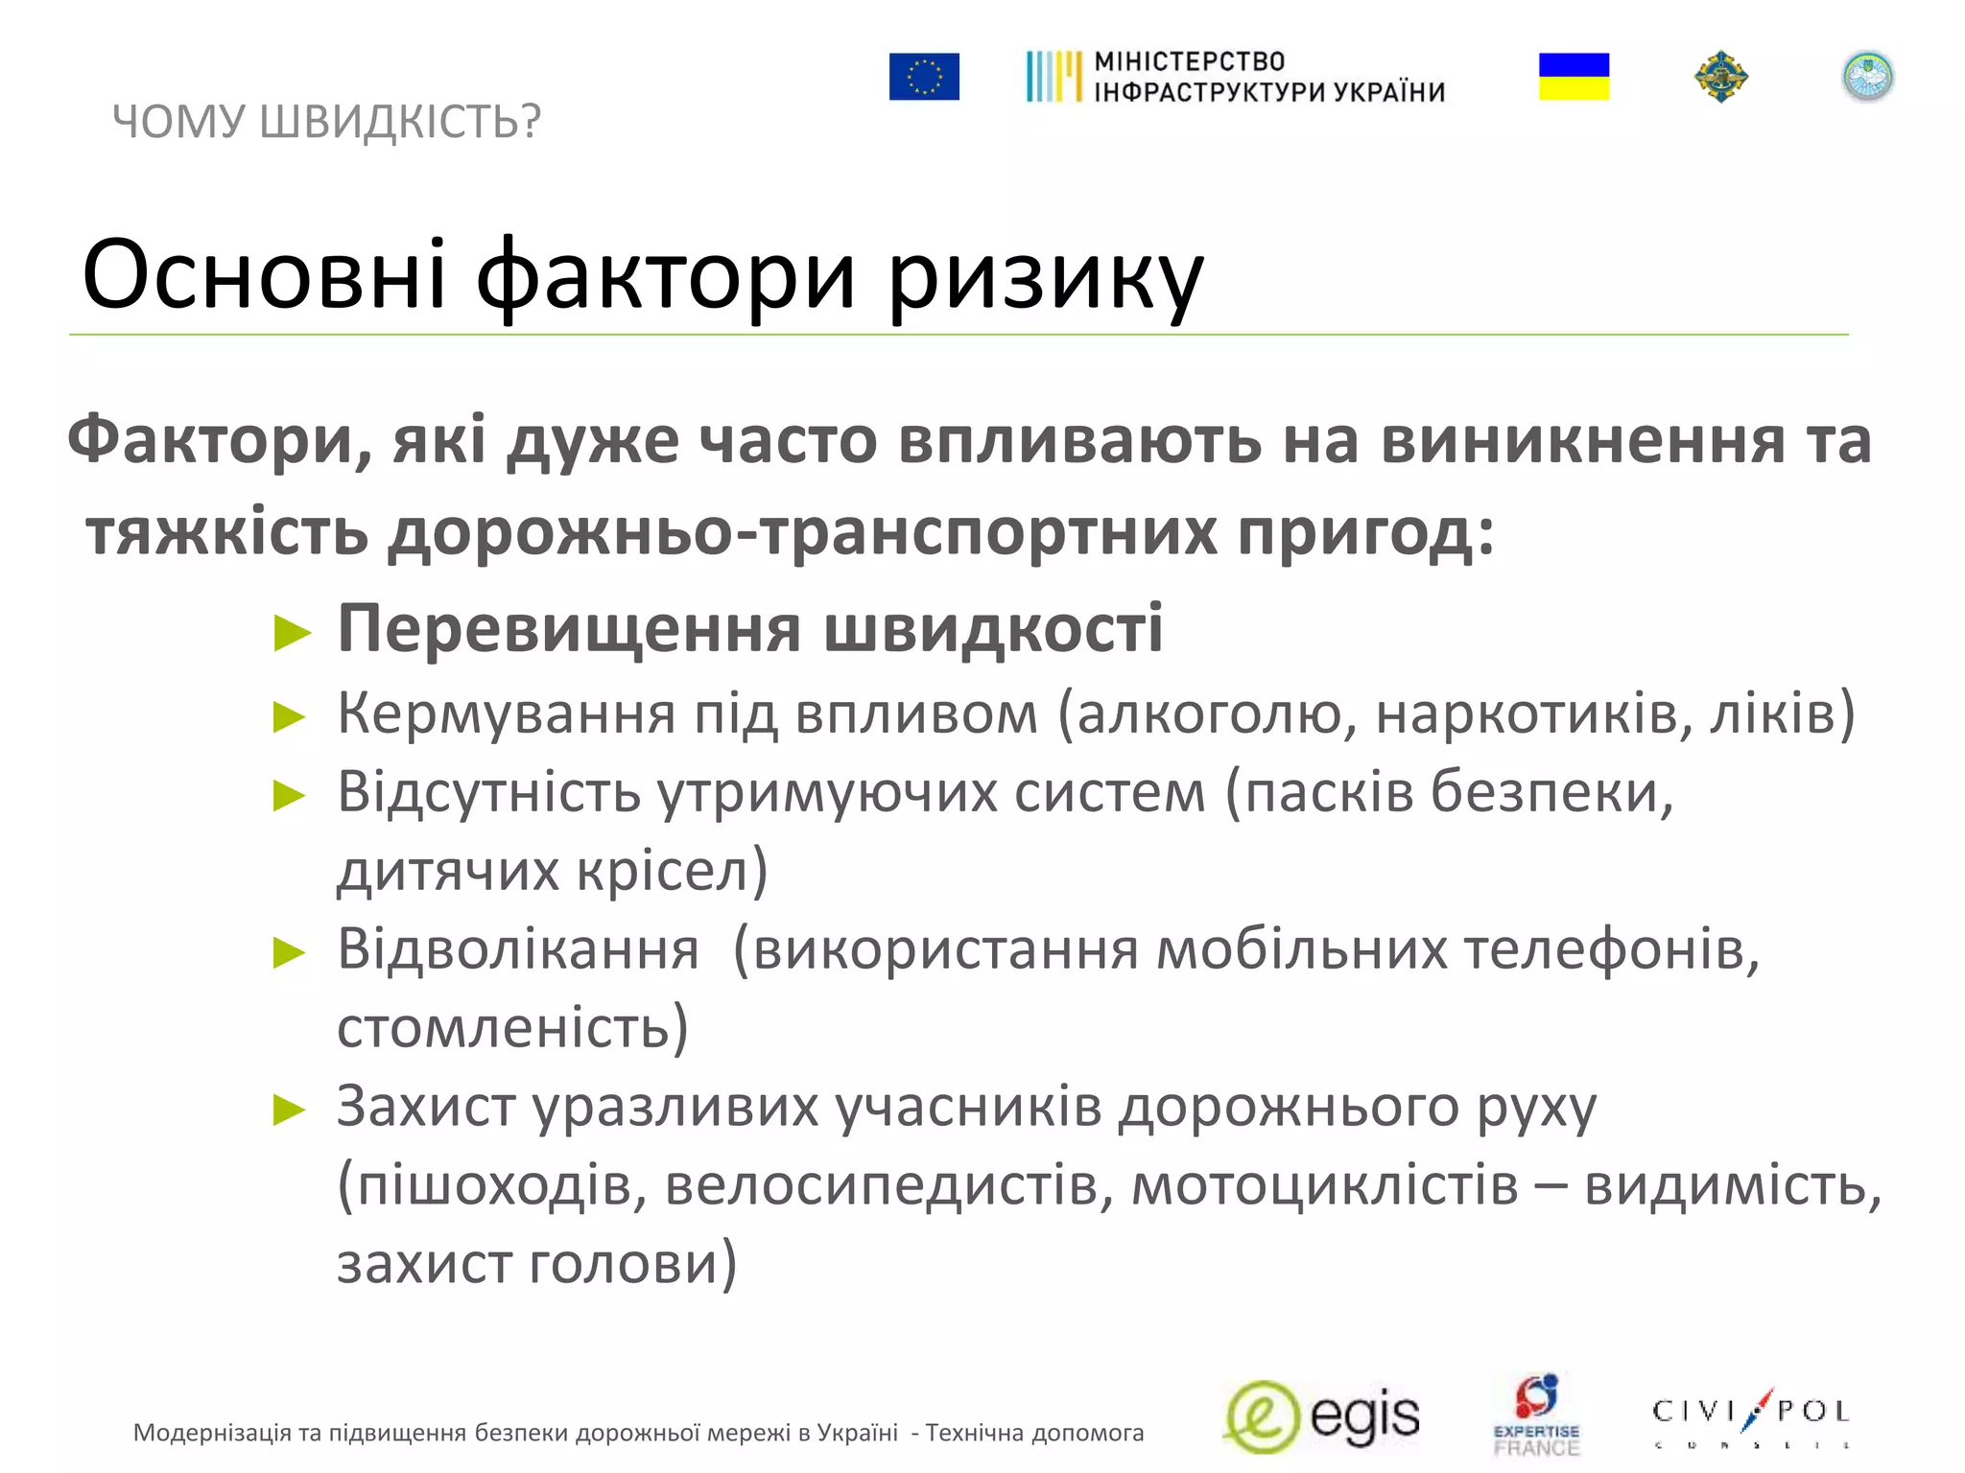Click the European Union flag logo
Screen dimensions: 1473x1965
923,77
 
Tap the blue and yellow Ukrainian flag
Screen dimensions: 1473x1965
1574,77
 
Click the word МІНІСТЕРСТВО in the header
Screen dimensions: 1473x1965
1189,61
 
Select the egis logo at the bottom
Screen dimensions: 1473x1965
1322,1417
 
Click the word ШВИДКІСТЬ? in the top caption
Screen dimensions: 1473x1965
400,122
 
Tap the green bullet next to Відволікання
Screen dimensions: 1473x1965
290,953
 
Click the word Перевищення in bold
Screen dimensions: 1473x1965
569,629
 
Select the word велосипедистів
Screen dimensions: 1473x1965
888,1185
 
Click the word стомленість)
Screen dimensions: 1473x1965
512,1028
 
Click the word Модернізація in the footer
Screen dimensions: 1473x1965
212,1433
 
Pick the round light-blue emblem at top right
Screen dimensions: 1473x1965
1867,77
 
